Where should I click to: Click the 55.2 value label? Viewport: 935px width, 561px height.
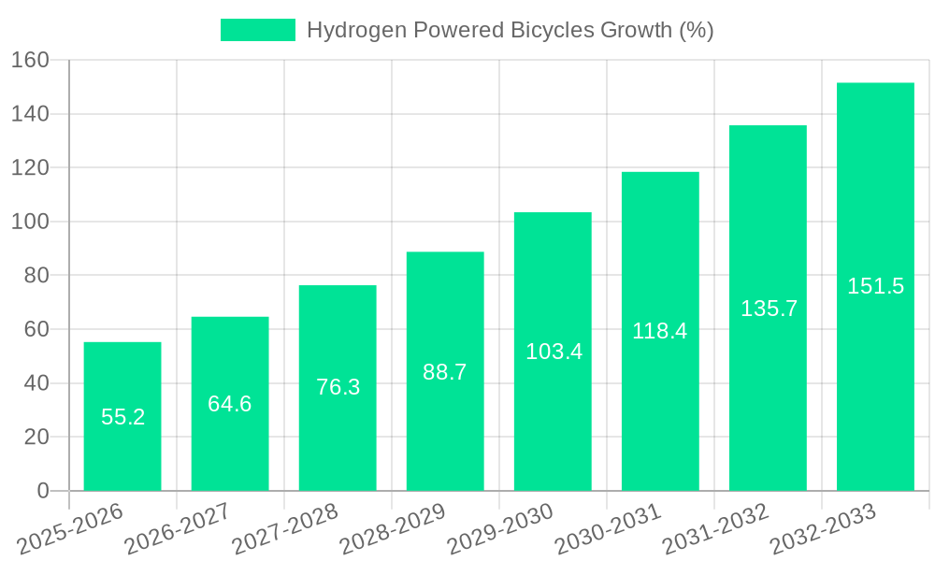coord(122,417)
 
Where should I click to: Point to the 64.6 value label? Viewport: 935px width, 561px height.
coord(230,404)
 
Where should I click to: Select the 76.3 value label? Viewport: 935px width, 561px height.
coord(338,387)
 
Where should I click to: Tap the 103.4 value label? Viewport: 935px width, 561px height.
coord(554,352)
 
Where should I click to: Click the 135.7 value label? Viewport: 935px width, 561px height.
coord(769,309)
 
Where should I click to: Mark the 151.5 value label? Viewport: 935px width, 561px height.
coord(875,286)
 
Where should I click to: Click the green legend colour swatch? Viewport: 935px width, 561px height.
coord(257,30)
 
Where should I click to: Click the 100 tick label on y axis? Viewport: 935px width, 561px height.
coord(29,222)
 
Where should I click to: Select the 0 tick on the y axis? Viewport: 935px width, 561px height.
coord(42,491)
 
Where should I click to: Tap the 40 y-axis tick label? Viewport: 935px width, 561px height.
coord(36,383)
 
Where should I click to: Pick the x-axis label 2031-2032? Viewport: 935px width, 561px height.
coord(715,528)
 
